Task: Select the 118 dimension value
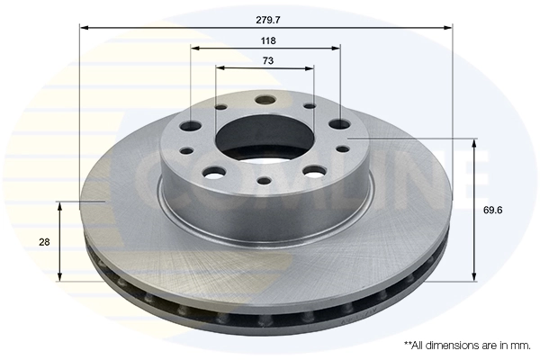[267, 40]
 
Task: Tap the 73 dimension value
[267, 60]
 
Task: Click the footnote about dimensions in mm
[467, 345]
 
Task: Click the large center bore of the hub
[265, 136]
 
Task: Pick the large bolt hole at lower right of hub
[314, 170]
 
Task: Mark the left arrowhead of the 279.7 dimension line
[84, 28]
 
